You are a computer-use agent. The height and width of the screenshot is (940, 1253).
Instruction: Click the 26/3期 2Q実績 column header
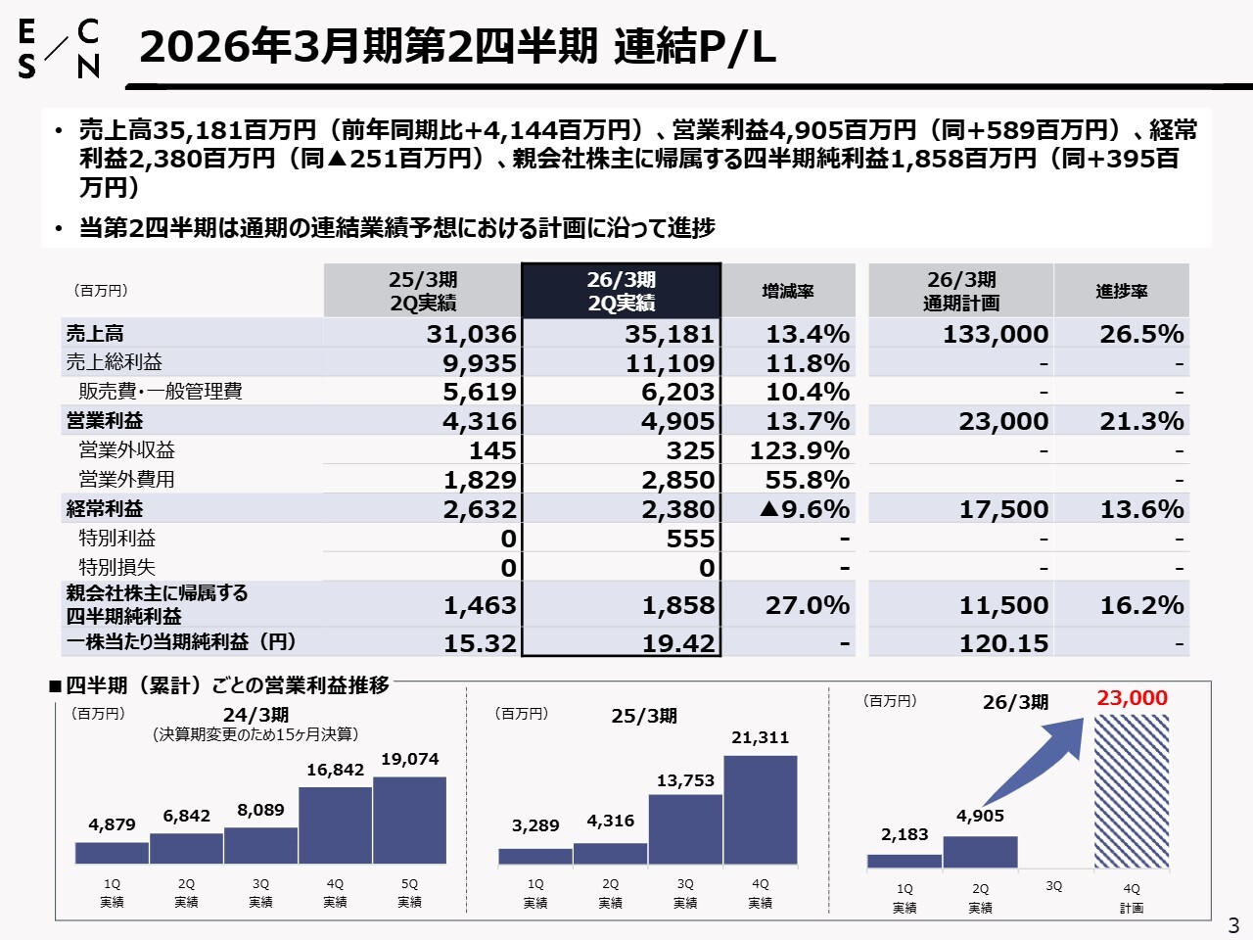pos(622,291)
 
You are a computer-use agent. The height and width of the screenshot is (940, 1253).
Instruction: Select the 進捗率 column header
pos(1121,291)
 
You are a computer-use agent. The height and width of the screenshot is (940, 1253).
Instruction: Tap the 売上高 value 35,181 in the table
pos(670,334)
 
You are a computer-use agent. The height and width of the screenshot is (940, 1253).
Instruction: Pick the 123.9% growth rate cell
pos(799,450)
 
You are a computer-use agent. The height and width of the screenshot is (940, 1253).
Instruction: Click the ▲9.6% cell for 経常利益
pos(804,509)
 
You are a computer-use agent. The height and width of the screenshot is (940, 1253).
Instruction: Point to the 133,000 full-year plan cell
pos(996,334)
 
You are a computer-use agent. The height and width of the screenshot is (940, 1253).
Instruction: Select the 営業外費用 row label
pos(127,480)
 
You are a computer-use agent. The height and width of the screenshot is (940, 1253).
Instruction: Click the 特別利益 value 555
pos(690,539)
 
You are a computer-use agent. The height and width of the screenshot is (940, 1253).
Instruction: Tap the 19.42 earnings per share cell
pos(678,643)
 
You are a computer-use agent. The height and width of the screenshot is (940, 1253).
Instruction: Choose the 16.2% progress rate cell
pos(1140,605)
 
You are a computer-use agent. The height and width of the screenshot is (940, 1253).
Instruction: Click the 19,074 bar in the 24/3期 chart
pos(409,821)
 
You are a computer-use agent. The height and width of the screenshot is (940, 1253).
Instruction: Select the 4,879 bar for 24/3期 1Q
pos(112,853)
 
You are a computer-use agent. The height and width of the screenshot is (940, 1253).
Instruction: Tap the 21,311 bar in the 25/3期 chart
pos(761,810)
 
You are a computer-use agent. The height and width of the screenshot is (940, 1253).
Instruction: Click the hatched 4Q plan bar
pos(1132,791)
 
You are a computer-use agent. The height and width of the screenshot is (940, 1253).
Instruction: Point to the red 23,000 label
pos(1132,698)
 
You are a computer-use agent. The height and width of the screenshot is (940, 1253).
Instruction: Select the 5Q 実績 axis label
pos(409,893)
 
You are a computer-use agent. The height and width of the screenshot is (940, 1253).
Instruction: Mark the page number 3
pos(1233,925)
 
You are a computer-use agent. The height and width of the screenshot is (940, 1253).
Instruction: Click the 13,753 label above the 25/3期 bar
pos(685,780)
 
